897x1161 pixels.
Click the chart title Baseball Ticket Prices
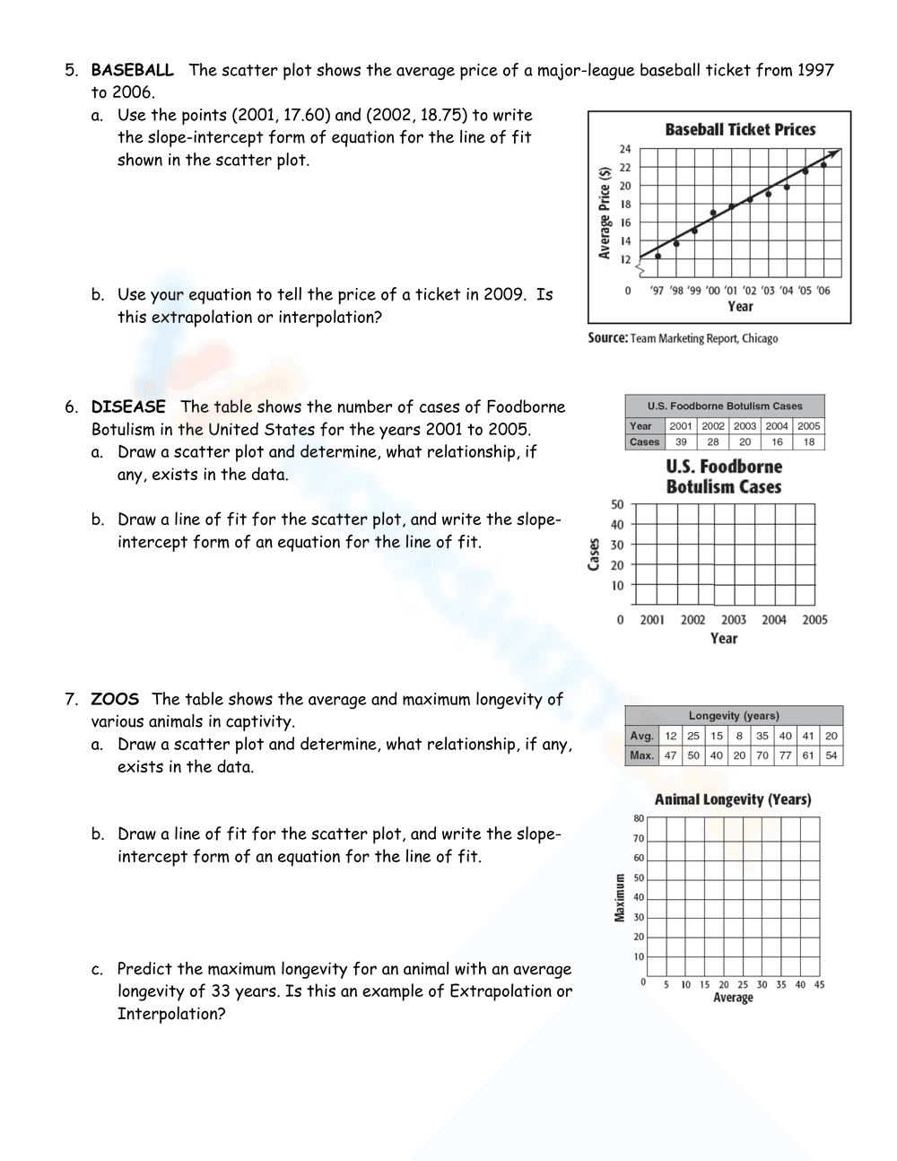point(740,129)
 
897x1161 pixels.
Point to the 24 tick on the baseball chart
point(625,149)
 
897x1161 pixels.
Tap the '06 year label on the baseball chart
point(823,291)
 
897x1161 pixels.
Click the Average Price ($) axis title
point(605,214)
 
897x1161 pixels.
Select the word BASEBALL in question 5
point(132,70)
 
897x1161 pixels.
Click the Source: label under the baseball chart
point(607,338)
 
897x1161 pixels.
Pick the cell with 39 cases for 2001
point(681,442)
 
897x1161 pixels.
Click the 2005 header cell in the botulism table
point(809,426)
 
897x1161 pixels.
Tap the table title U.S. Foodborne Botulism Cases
point(725,406)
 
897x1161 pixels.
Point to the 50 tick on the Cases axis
point(617,504)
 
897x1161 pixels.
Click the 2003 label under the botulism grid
point(734,620)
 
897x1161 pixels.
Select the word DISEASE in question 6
point(128,406)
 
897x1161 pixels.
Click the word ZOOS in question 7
point(115,699)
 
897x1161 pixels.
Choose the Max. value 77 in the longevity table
point(786,755)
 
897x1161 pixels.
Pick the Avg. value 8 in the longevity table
point(739,736)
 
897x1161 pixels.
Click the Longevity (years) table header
point(734,716)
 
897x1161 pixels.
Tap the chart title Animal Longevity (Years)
point(733,799)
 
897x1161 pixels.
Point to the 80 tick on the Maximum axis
point(639,818)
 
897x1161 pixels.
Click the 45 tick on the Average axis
point(819,985)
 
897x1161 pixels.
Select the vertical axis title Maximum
point(620,897)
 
